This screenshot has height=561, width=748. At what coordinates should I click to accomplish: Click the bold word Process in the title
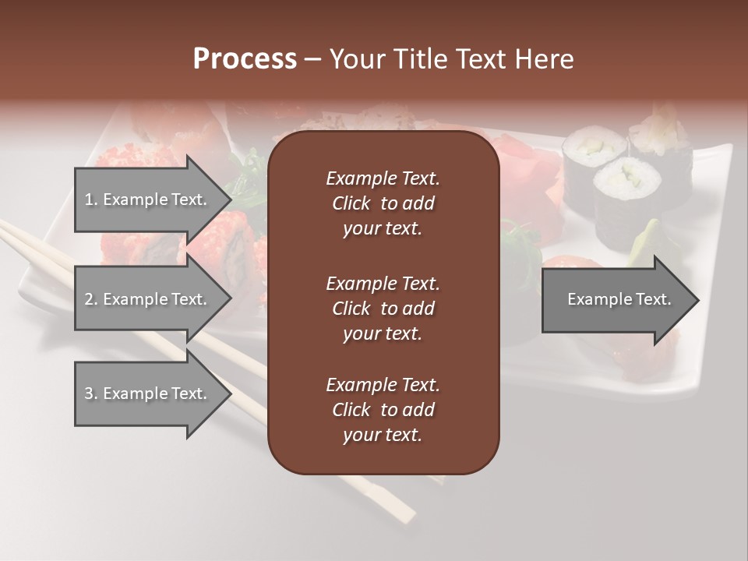pos(245,59)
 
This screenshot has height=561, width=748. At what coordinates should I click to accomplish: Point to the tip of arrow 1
pos(229,199)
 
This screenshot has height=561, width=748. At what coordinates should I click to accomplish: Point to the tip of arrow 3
pos(229,393)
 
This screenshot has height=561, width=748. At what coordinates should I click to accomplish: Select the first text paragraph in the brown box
pos(383,203)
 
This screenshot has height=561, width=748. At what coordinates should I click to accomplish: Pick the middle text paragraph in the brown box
pos(383,309)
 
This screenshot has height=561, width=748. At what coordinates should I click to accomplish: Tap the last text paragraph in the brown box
pos(383,410)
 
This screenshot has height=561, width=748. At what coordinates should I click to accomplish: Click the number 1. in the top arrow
pos(91,199)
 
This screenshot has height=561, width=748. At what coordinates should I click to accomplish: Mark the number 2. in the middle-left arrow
pos(91,299)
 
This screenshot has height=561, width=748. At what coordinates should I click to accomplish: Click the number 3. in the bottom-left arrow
pos(91,393)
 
